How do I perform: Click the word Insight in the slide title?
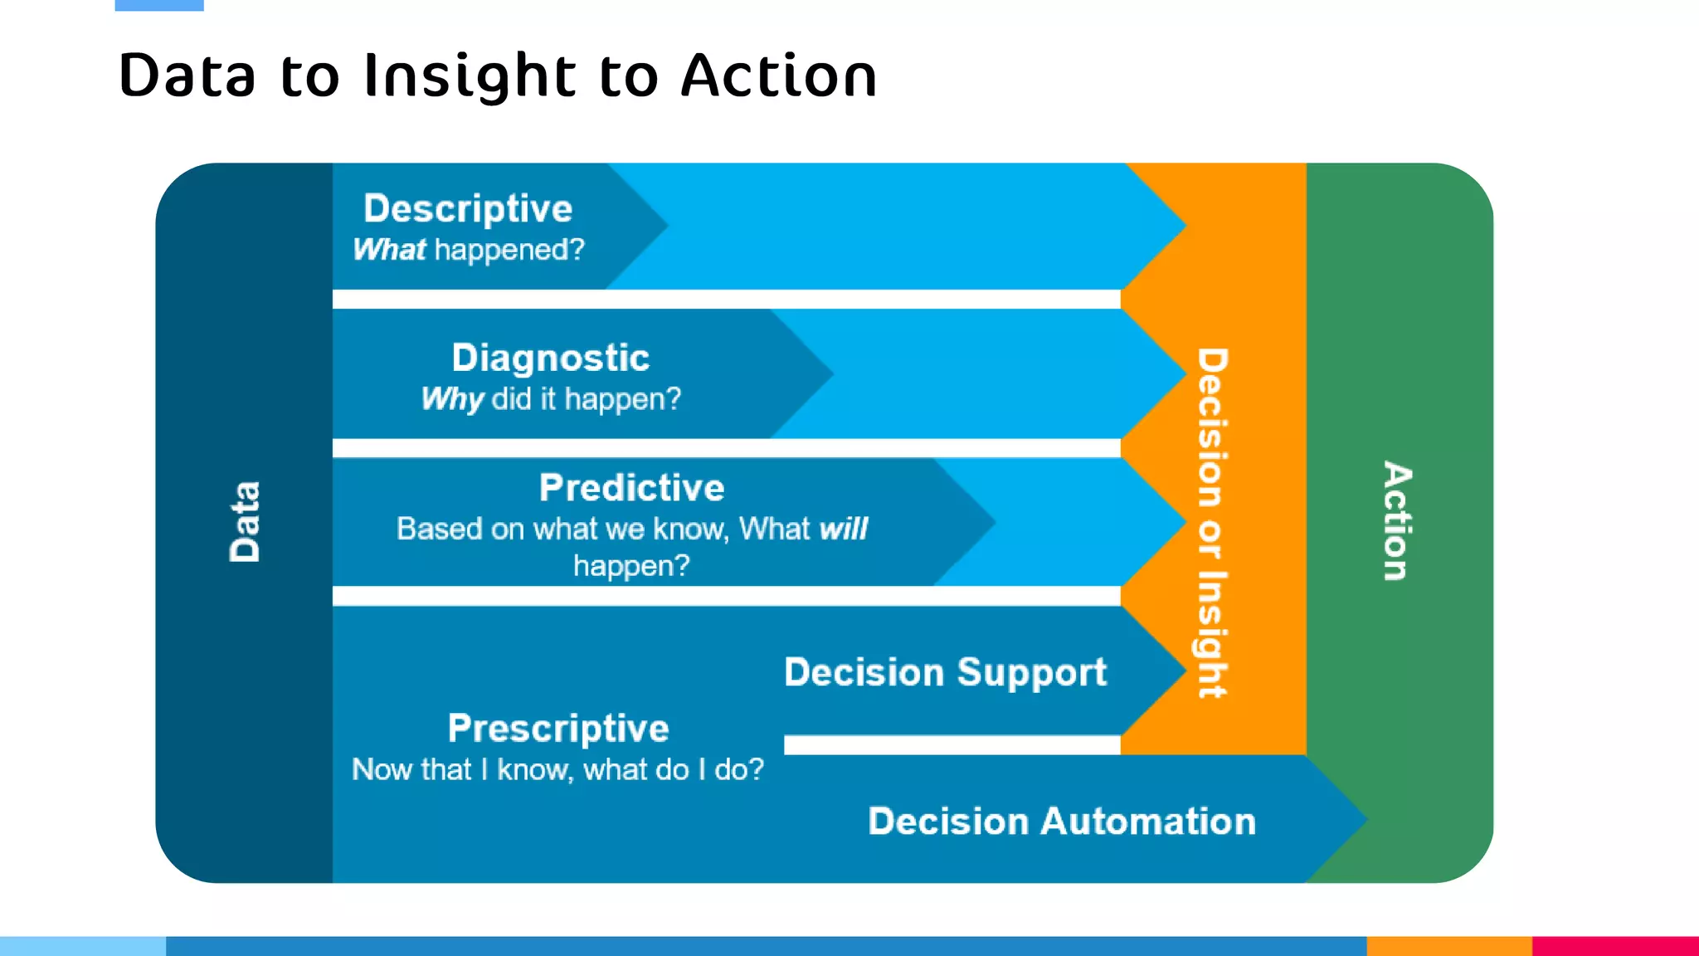470,76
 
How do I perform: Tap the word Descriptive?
468,208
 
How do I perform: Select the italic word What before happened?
389,250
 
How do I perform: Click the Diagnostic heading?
550,358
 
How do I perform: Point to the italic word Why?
452,399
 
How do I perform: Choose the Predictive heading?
631,487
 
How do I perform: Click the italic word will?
843,529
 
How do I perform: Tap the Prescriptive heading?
558,728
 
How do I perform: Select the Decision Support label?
945,671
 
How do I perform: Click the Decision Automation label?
1062,821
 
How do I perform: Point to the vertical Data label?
245,522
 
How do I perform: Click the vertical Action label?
1397,521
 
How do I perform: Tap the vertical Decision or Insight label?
1212,523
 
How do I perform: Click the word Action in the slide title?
778,76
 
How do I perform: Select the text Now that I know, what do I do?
557,769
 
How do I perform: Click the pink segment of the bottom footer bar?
1615,946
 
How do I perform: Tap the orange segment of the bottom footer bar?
1448,946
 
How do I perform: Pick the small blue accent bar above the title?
159,5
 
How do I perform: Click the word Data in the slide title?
187,76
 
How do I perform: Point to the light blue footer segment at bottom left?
83,946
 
